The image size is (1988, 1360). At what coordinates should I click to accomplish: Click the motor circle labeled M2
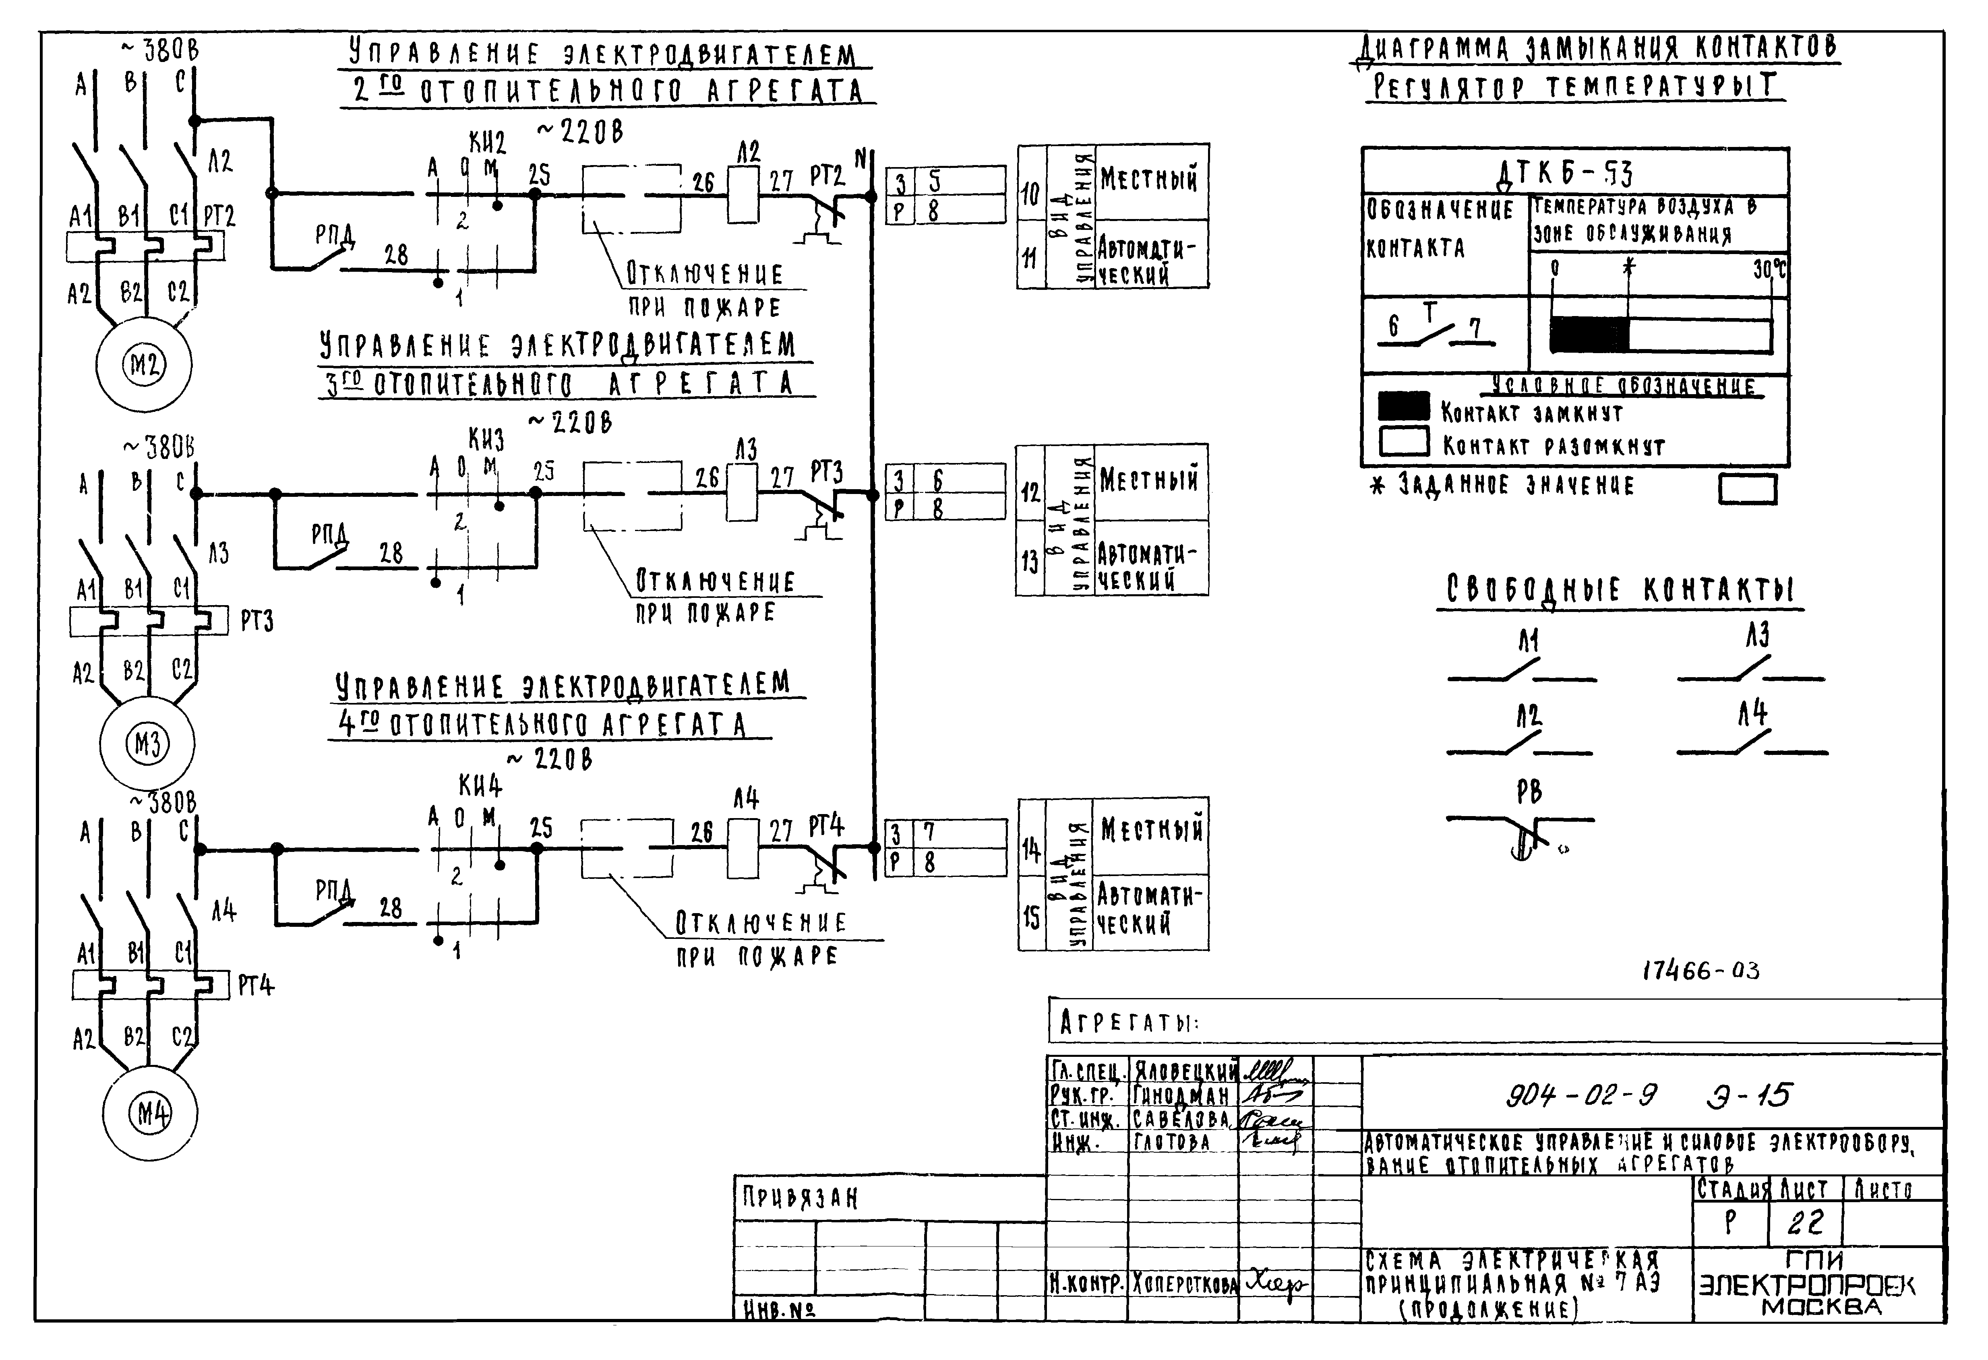144,365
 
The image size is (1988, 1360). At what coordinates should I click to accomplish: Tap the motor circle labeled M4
151,1114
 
